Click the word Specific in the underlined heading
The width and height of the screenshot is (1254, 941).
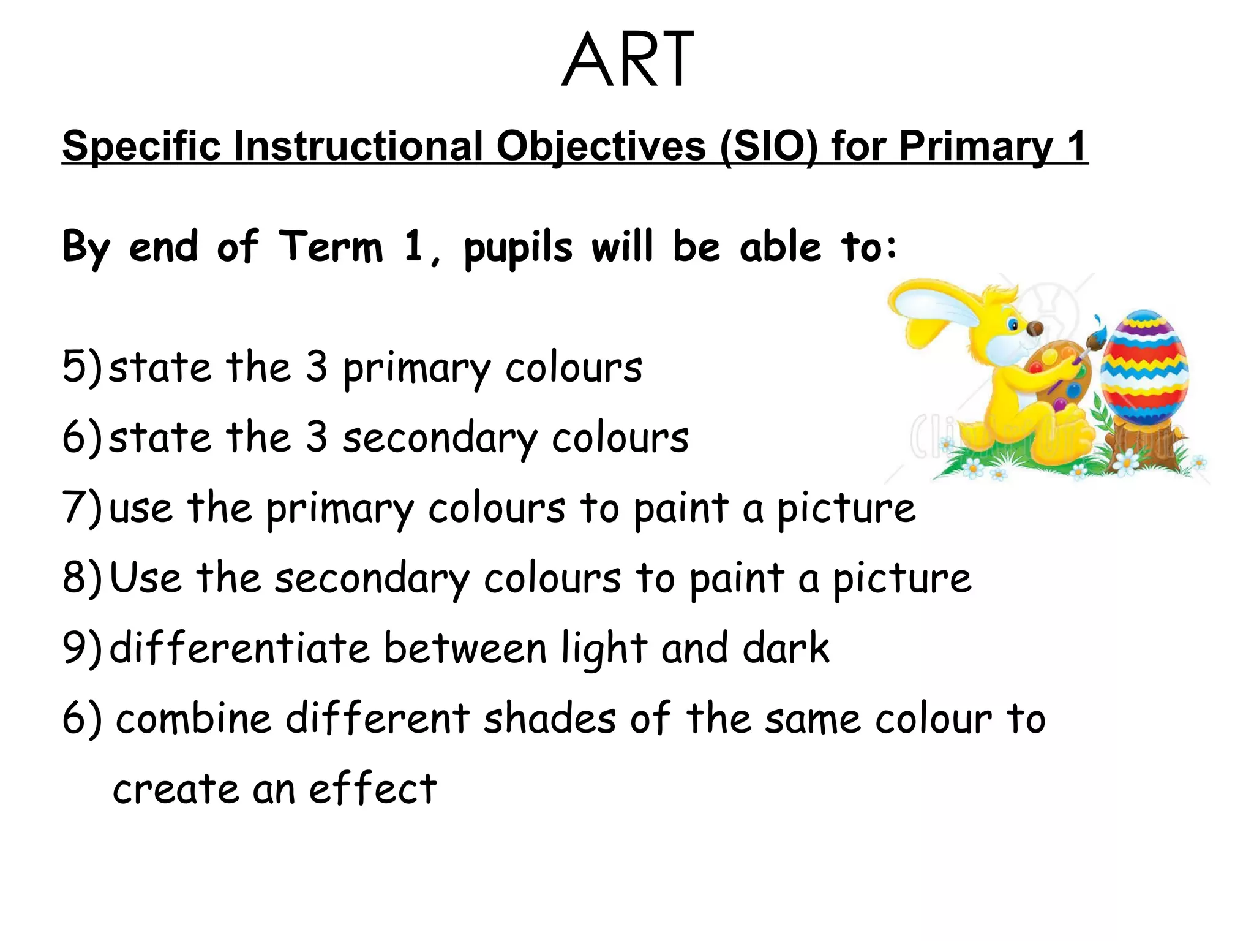coord(141,147)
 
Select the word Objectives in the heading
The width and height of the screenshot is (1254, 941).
coord(601,147)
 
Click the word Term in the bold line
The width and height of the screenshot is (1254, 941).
coord(331,247)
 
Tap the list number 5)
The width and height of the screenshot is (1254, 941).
coord(82,368)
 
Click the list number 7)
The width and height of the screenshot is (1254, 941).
coord(82,508)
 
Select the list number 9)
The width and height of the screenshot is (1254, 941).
coord(82,648)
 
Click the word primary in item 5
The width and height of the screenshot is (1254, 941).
coord(416,369)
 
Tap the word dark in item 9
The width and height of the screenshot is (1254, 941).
coord(786,648)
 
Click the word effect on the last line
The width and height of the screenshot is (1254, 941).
coord(373,789)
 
